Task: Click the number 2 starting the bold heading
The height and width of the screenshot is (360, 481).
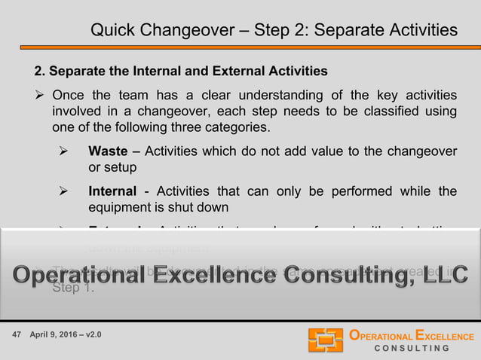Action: [39, 72]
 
